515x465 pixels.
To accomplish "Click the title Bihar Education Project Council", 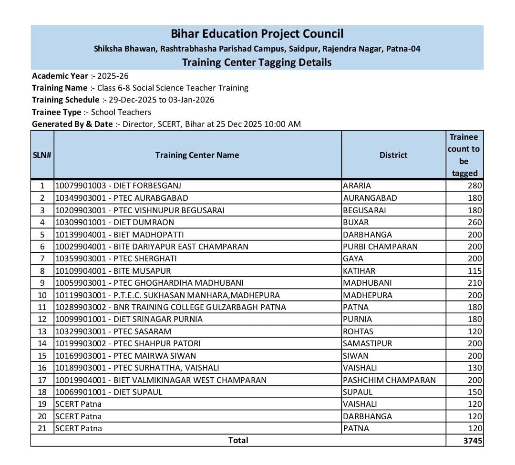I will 257,34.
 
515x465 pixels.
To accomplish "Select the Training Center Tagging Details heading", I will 257,62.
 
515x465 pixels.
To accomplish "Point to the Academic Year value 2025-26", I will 113,76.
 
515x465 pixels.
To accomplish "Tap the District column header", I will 393,155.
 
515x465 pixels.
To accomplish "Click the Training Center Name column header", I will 197,155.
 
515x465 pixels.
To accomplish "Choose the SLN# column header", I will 42,155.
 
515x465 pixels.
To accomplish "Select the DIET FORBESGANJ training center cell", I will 118,186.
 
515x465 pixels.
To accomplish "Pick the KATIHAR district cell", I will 359,271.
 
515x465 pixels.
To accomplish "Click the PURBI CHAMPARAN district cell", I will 380,247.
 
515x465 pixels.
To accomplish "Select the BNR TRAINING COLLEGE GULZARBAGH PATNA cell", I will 171,307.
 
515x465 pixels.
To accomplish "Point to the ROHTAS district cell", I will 358,331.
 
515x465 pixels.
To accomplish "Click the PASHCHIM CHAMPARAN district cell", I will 389,380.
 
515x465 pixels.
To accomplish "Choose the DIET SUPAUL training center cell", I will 109,392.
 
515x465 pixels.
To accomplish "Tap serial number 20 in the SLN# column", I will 42,416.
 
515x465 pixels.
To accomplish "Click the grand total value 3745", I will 473,441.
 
